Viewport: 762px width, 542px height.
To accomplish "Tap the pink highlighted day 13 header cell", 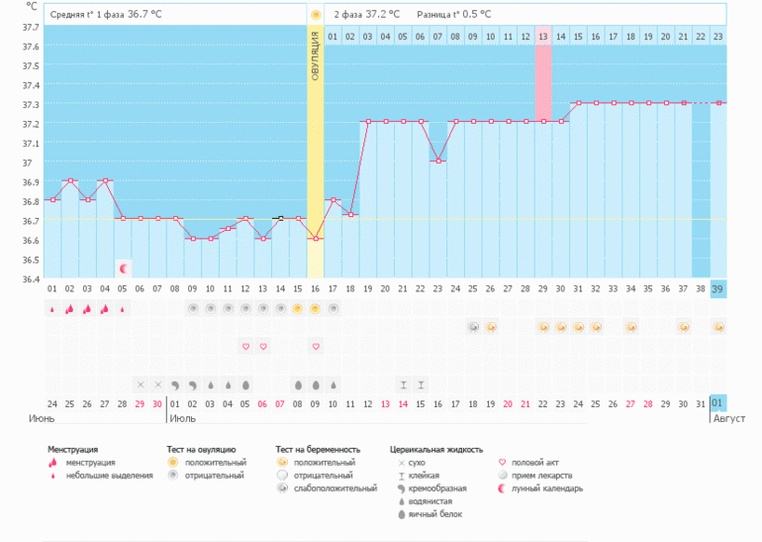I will tap(543, 37).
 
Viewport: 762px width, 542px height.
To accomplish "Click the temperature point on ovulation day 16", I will tap(315, 238).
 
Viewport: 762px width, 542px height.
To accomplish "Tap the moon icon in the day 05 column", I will tap(123, 268).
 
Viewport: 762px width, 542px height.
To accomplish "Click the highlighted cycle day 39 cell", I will tap(718, 288).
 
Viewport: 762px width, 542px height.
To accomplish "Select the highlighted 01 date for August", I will tap(718, 402).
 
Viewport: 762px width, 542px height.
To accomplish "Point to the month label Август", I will tap(729, 419).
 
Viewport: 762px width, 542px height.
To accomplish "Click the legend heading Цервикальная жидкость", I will tap(435, 449).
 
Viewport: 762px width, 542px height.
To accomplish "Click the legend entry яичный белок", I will tap(436, 513).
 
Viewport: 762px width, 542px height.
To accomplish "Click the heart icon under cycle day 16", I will tap(315, 346).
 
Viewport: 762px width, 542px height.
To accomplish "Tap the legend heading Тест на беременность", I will tap(318, 449).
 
